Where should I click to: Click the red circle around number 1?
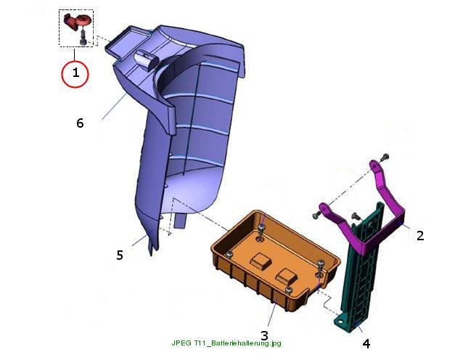(62, 74)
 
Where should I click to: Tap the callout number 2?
(420, 235)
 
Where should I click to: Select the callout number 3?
(264, 335)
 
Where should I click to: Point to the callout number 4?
(366, 344)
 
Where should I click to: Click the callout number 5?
(120, 255)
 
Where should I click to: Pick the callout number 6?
(80, 123)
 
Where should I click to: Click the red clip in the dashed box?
(77, 21)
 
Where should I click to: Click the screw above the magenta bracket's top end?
(385, 157)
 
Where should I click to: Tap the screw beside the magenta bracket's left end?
(316, 215)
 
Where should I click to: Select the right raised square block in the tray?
(286, 276)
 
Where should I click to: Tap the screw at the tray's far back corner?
(262, 227)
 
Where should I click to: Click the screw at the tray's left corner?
(229, 255)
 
